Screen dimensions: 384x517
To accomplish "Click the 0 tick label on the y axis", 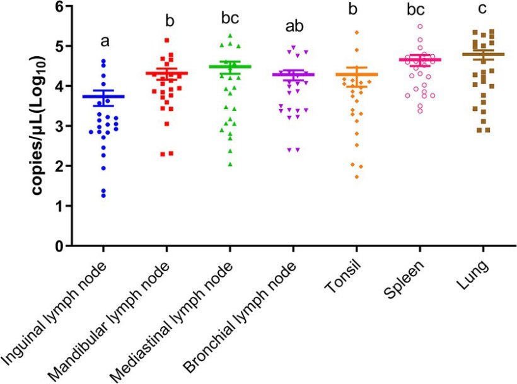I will (x=59, y=246).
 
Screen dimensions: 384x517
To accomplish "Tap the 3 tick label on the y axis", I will (x=59, y=127).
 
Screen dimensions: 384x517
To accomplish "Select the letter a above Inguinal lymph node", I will (x=105, y=42).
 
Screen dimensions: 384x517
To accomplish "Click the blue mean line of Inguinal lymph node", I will (x=103, y=96).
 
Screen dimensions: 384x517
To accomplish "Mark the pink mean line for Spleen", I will (x=419, y=60).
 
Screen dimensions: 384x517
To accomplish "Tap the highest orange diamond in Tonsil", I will (x=356, y=32).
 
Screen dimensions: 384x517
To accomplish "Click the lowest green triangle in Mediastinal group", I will (x=230, y=164).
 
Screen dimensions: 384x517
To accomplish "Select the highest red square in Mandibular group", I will (x=166, y=40).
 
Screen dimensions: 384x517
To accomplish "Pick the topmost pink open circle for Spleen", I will (x=420, y=26).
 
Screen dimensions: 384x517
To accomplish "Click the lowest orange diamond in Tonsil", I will (x=357, y=177).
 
